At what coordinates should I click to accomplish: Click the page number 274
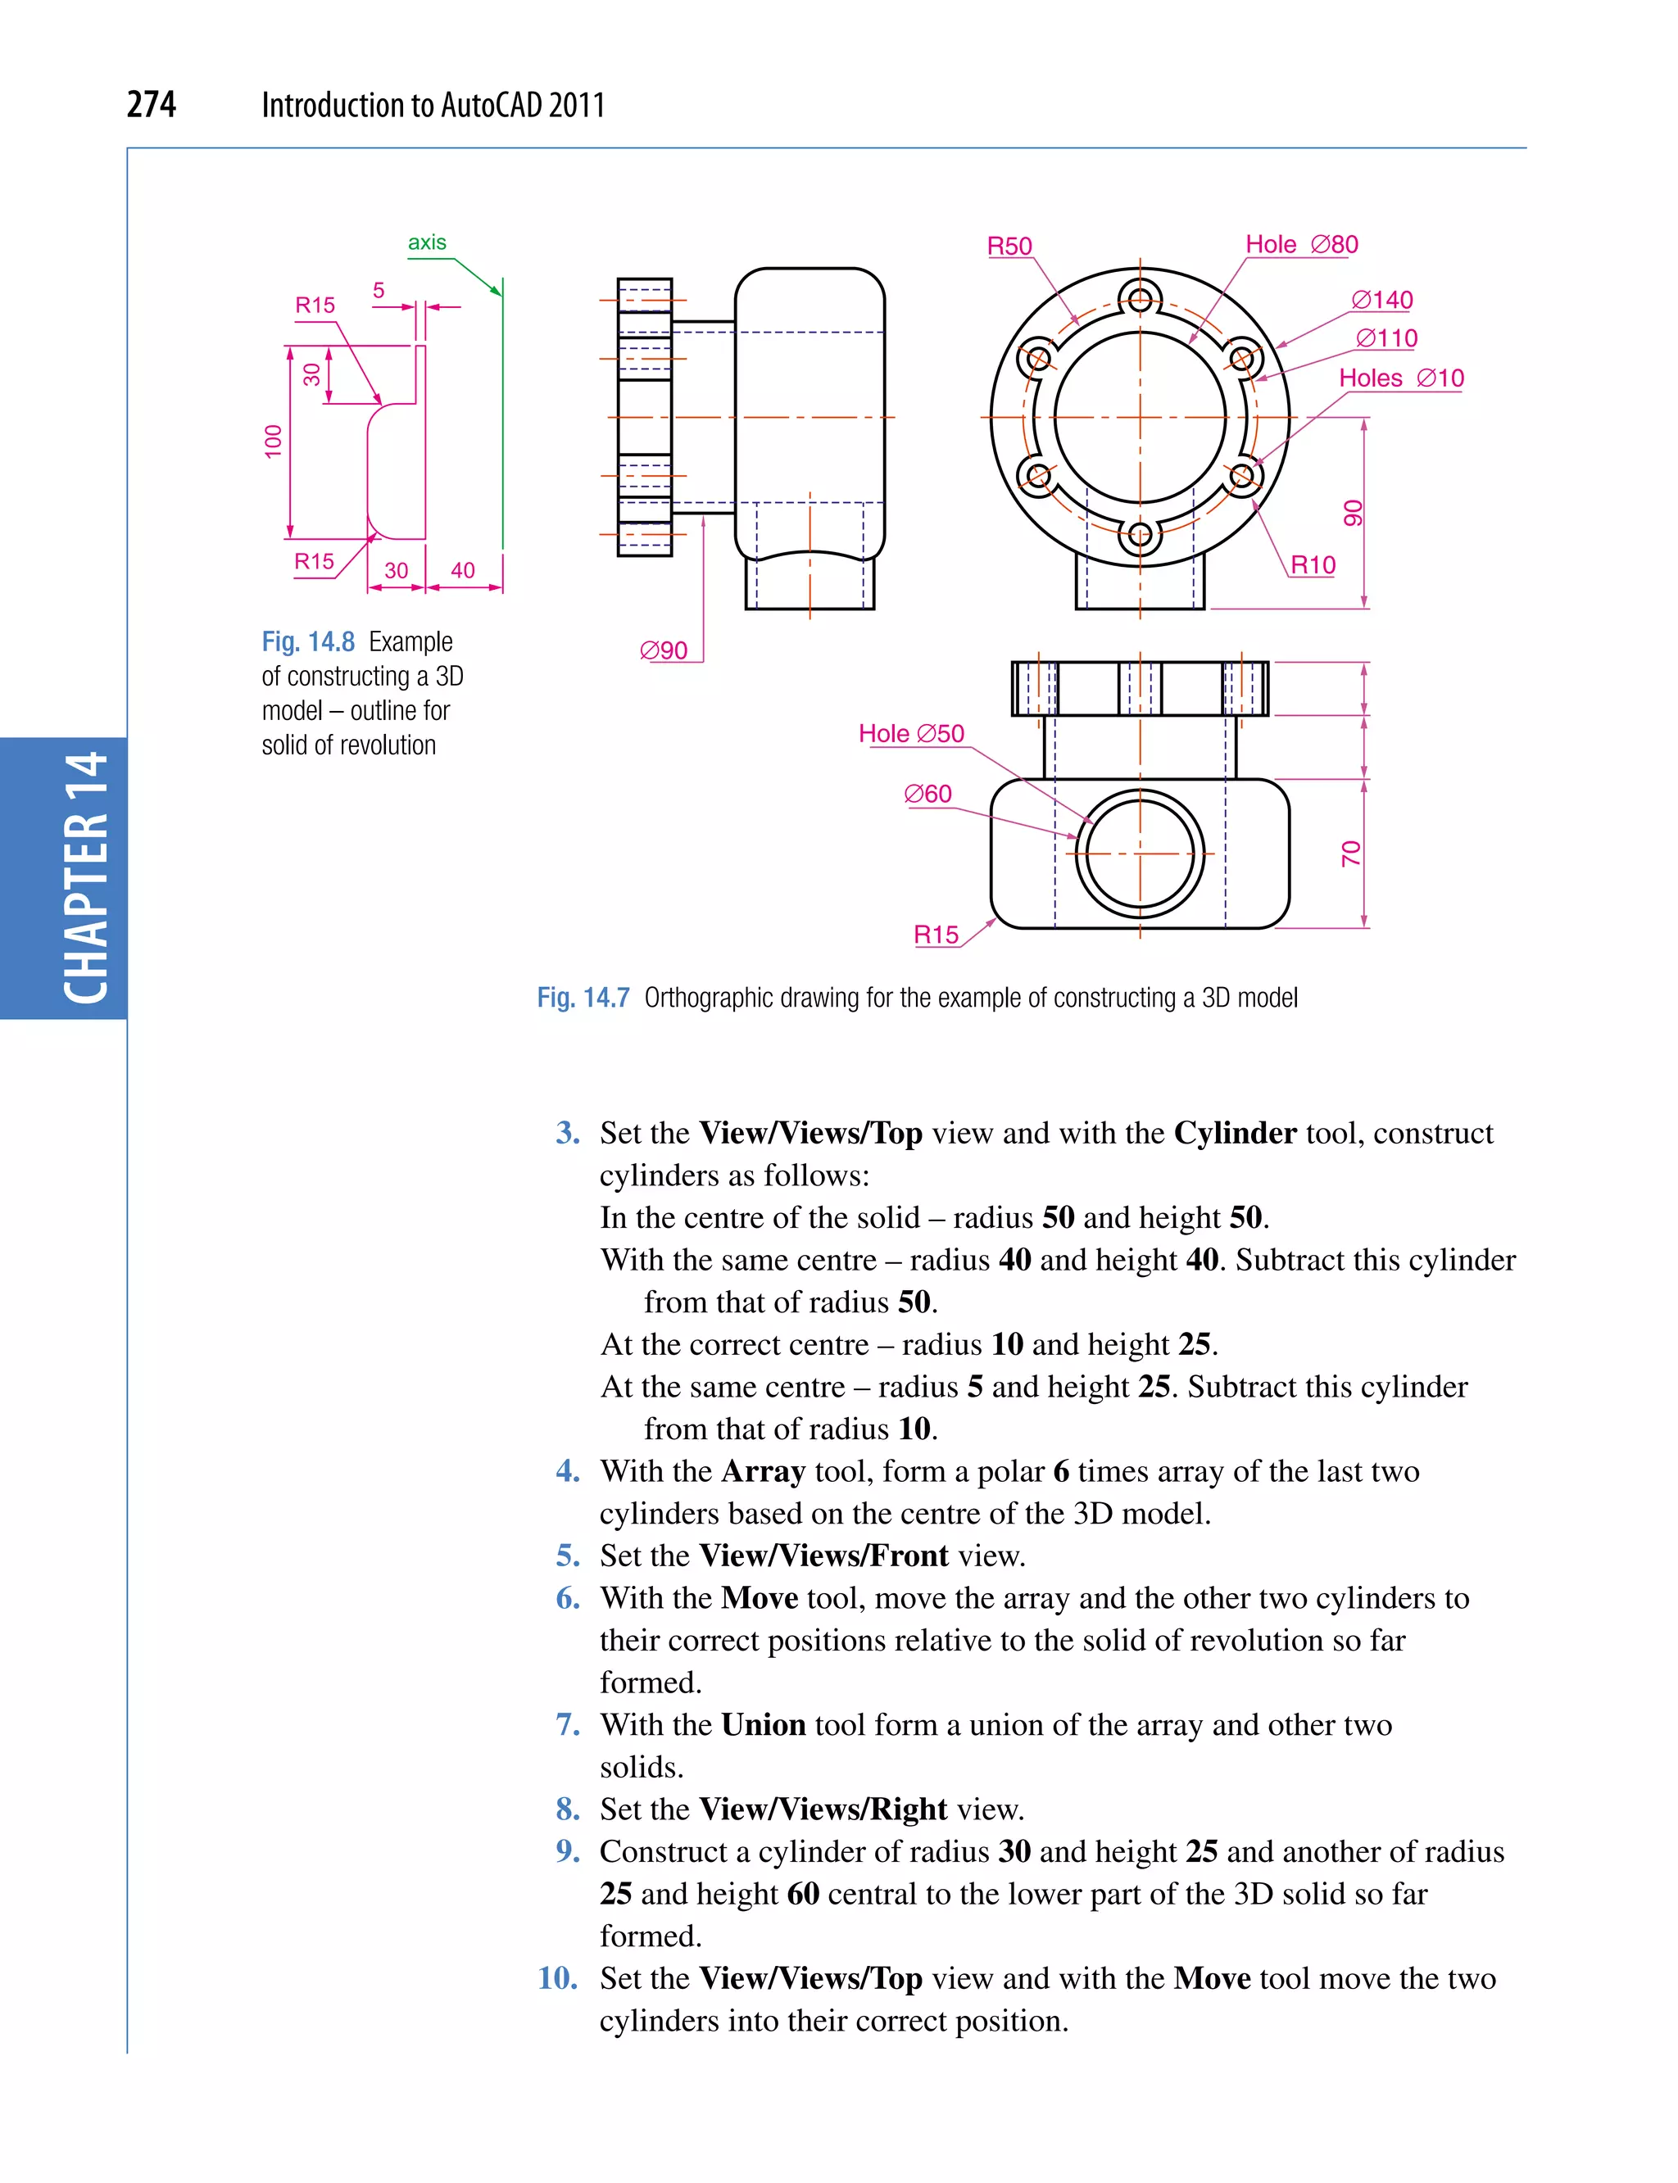151,104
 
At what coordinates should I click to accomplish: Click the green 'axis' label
427,242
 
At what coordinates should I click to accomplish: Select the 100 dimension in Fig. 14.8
273,442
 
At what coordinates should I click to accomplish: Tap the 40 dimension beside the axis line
462,570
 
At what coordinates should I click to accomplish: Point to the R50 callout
1009,247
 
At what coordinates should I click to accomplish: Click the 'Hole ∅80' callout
1300,245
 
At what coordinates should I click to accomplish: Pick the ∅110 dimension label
1386,338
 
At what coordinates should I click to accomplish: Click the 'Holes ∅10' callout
1400,378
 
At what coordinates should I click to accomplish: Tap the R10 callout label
1313,565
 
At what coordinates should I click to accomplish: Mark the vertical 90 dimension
1353,514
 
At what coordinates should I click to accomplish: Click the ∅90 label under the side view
663,651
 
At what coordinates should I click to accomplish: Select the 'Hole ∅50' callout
911,734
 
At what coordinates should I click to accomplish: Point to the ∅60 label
927,794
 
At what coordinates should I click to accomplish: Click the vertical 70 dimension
1350,854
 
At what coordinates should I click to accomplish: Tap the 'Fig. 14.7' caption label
583,998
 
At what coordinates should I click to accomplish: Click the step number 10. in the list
557,1978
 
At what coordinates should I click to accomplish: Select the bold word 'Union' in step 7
763,1724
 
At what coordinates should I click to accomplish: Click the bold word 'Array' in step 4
763,1471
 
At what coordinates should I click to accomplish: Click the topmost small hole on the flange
1140,297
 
